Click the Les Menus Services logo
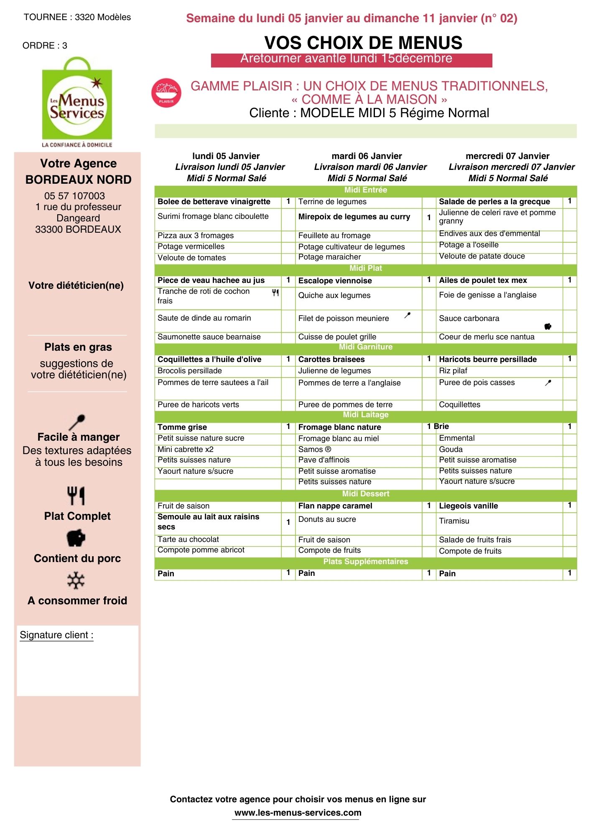pos(77,103)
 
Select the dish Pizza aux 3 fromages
pos(195,236)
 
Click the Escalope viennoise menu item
pos(335,281)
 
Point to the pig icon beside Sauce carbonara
pos(548,326)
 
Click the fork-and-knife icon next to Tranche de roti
pos(275,293)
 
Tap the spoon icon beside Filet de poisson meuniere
pos(408,315)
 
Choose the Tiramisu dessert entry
pos(454,521)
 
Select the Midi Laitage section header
pos(365,415)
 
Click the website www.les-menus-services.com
pos(298,813)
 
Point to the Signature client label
pos(56,635)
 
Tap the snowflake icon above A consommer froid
pos(76,581)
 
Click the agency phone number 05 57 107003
pos(74,196)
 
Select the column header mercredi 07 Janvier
pos(507,156)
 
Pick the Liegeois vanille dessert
pos(468,506)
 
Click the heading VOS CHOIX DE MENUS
pos(363,43)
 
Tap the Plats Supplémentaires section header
pos(365,562)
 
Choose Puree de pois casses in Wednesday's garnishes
pos(476,383)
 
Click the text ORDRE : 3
pos(45,46)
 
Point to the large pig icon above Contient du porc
pos(76,538)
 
